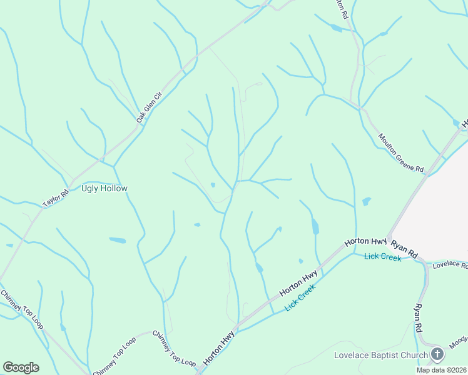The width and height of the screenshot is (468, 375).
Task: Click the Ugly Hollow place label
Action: click(x=104, y=188)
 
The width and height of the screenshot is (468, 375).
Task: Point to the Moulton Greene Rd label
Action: click(x=401, y=152)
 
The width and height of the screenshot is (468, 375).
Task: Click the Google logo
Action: click(x=21, y=367)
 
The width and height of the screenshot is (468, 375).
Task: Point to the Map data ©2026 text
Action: click(x=441, y=370)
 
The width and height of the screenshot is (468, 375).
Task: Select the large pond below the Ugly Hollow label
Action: click(x=117, y=240)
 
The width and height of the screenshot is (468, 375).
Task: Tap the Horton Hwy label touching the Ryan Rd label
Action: click(x=366, y=242)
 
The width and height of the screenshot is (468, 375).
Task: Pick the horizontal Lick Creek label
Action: click(x=382, y=257)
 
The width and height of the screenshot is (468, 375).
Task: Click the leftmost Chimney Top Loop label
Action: click(x=22, y=310)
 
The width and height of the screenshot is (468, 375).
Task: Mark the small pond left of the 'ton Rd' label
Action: click(x=337, y=29)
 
